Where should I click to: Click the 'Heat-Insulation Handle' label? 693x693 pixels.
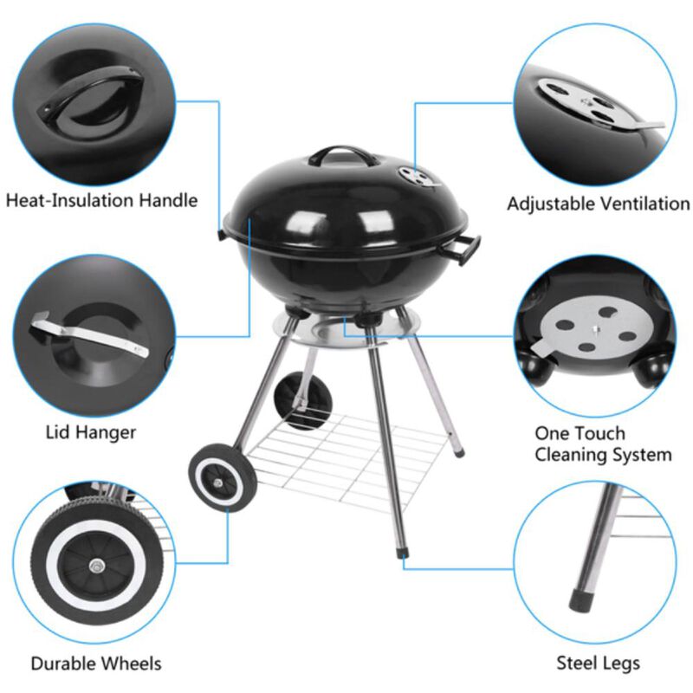point(102,201)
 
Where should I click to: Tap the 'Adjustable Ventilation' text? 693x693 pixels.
point(598,204)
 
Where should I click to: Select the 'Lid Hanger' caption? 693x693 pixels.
point(90,431)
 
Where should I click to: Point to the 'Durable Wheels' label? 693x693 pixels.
point(95,664)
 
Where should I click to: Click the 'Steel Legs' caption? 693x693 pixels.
point(598,664)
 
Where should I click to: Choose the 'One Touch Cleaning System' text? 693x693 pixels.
point(602,444)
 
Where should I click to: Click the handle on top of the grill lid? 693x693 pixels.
point(345,156)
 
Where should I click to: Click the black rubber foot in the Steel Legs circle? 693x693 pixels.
point(578,599)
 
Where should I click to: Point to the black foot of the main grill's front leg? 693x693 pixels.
point(402,551)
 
